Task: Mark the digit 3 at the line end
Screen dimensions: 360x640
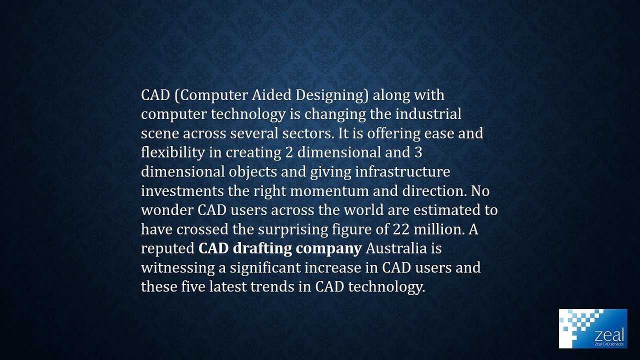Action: point(419,152)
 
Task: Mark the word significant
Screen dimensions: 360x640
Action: point(265,268)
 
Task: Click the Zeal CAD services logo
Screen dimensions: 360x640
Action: point(592,328)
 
